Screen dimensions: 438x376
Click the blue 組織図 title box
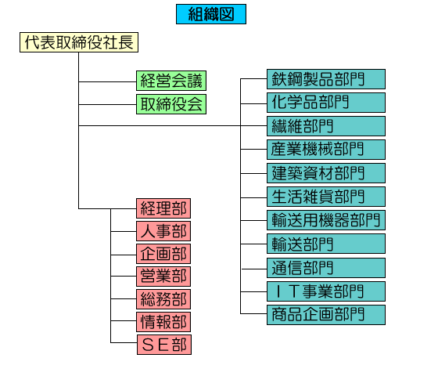(211, 14)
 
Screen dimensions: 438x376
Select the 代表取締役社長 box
(79, 42)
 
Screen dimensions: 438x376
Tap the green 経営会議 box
(171, 81)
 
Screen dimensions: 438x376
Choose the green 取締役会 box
(171, 104)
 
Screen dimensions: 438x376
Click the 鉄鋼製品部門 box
(326, 79)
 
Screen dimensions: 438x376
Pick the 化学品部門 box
(326, 103)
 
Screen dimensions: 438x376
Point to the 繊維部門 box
(326, 126)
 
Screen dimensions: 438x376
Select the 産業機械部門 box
(326, 150)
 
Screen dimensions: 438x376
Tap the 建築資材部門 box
(326, 173)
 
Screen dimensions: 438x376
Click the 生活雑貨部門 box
(326, 197)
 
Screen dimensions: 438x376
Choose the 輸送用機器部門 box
(326, 220)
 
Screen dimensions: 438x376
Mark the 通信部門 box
(326, 268)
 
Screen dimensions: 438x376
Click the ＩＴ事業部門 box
(326, 291)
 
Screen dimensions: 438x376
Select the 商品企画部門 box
(326, 315)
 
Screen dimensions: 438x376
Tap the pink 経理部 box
(163, 208)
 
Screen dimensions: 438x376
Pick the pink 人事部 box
(163, 231)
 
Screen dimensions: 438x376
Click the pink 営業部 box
(163, 277)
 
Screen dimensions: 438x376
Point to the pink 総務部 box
(163, 299)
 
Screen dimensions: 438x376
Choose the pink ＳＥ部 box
(164, 345)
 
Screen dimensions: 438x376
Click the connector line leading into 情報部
(124, 321)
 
